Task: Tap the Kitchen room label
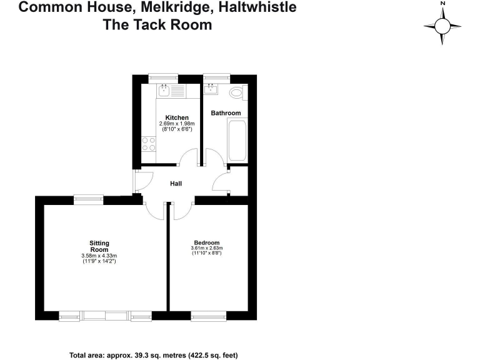[x=177, y=117]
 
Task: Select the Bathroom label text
[x=226, y=113]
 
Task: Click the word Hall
[x=176, y=184]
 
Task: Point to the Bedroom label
[x=206, y=242]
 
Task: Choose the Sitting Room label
[x=99, y=246]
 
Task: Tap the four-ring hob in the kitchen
[x=149, y=144]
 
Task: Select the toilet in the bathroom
[x=237, y=93]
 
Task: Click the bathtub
[x=237, y=141]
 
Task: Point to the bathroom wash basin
[x=211, y=89]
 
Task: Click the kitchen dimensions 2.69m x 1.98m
[x=177, y=124]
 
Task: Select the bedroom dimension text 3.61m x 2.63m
[x=206, y=249]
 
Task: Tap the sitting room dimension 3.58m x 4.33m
[x=99, y=256]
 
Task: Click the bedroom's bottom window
[x=208, y=316]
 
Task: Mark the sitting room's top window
[x=88, y=199]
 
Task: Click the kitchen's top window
[x=163, y=77]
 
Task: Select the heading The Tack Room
[x=157, y=25]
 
